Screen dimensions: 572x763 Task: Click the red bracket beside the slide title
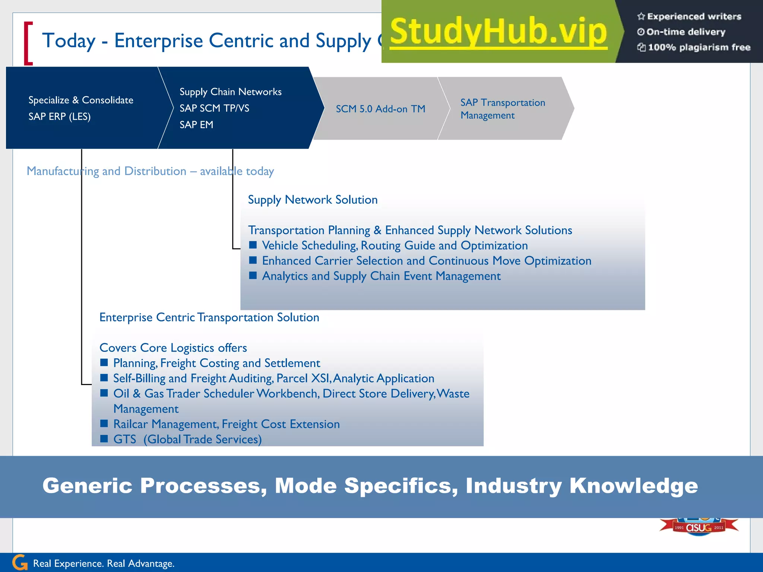coord(28,44)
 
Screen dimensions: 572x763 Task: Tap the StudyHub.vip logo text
coord(498,32)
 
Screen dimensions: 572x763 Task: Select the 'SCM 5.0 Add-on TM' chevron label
coord(380,109)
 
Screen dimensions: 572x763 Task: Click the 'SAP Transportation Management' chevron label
coord(502,109)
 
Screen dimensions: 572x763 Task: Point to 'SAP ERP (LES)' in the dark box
coord(60,117)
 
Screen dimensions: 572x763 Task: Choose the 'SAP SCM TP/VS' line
coord(214,108)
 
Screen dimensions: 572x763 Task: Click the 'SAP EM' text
coord(196,125)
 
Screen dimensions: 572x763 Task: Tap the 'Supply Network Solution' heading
coord(313,200)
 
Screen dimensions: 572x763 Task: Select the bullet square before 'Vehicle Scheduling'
coord(253,245)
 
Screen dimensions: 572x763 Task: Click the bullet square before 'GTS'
coord(104,438)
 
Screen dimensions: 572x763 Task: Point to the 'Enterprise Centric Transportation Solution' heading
coord(209,317)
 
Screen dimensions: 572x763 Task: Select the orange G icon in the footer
coord(20,563)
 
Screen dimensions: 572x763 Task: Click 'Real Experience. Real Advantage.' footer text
coord(104,563)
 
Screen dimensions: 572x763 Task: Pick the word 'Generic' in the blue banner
coord(88,486)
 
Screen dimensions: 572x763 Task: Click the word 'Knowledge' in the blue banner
coord(633,486)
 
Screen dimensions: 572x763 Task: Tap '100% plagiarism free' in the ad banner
coord(699,47)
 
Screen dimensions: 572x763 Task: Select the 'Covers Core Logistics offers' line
coord(173,348)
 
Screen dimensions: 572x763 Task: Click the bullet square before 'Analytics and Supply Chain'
coord(253,275)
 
